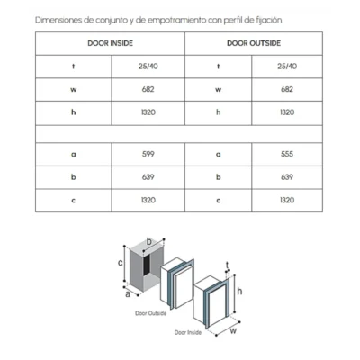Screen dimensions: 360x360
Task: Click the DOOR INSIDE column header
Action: coord(110,43)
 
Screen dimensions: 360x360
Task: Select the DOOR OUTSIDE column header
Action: coord(254,43)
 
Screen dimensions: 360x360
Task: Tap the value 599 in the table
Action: coord(148,154)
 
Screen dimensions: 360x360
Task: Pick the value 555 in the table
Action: coord(287,154)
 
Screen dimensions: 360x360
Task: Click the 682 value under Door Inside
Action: coord(148,89)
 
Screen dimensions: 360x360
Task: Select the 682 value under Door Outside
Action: coord(287,89)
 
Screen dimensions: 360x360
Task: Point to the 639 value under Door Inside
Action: coord(148,177)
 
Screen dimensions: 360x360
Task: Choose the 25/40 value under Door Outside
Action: coord(287,67)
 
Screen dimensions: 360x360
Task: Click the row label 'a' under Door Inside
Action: coord(74,155)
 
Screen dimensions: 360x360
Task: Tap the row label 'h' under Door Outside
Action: coord(219,112)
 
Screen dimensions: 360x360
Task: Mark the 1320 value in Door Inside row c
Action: coord(148,201)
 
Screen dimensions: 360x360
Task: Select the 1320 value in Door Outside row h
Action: coord(287,112)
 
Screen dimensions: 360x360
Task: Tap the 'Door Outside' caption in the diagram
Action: coord(150,313)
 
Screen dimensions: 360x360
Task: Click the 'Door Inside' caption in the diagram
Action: coord(188,332)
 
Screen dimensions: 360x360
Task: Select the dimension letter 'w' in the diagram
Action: coord(233,331)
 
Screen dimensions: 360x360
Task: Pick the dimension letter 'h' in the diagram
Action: coord(239,291)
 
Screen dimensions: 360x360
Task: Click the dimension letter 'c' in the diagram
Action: coord(121,263)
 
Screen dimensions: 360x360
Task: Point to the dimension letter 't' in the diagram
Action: coord(228,265)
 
